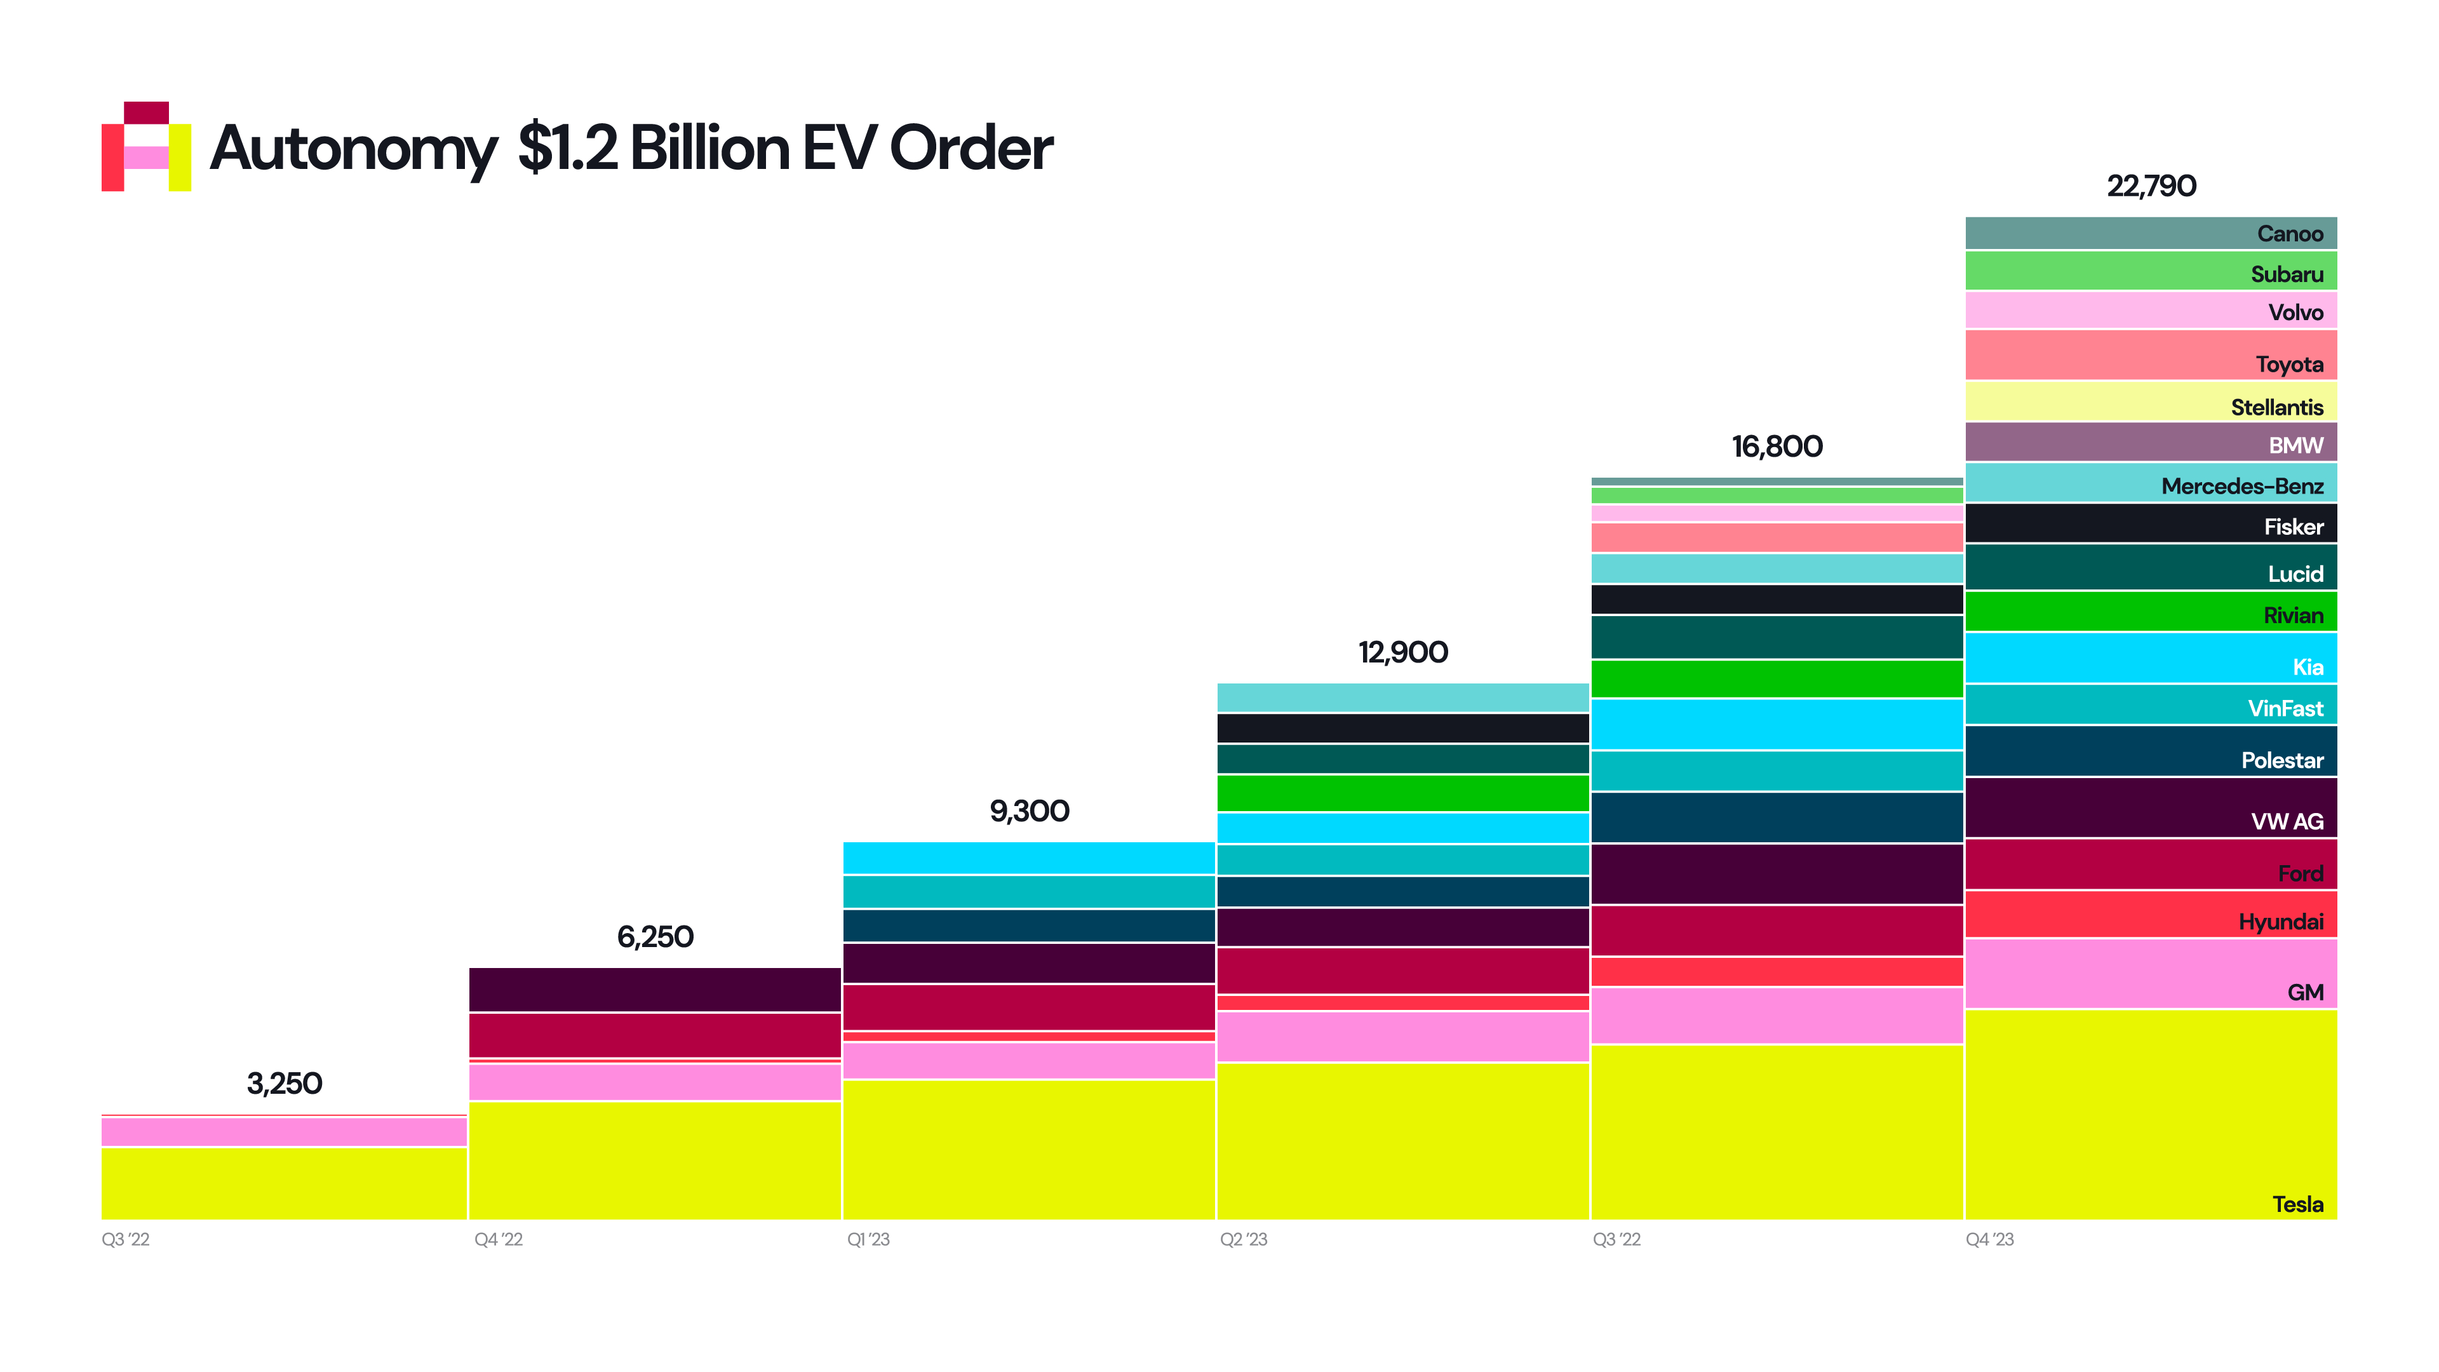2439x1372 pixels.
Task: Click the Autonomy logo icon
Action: coord(146,147)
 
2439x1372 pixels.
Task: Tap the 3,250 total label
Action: coord(284,1083)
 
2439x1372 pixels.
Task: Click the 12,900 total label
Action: coord(1402,652)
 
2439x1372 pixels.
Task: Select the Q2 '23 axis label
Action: coord(1243,1239)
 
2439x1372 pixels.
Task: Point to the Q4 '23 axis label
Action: coord(1989,1239)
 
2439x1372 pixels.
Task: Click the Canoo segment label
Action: coord(2289,234)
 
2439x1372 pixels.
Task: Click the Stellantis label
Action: coord(2276,407)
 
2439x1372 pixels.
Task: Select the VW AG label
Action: coord(2287,821)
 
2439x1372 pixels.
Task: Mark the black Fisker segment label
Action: coord(2293,527)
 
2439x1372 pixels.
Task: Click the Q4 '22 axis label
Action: coord(498,1239)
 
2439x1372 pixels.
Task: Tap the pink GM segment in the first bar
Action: coord(284,1131)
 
